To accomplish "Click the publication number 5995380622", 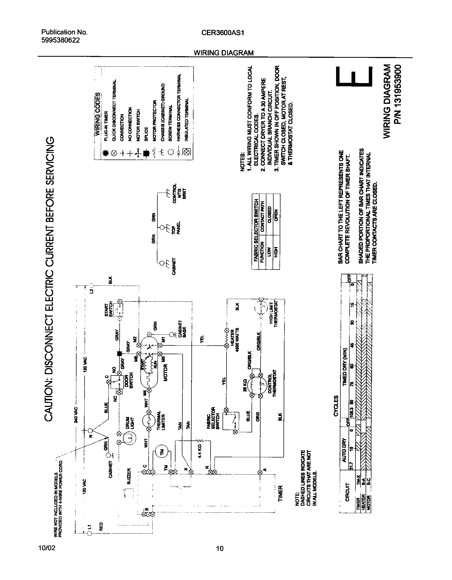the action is (x=60, y=40).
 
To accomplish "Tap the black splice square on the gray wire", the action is (x=119, y=353).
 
